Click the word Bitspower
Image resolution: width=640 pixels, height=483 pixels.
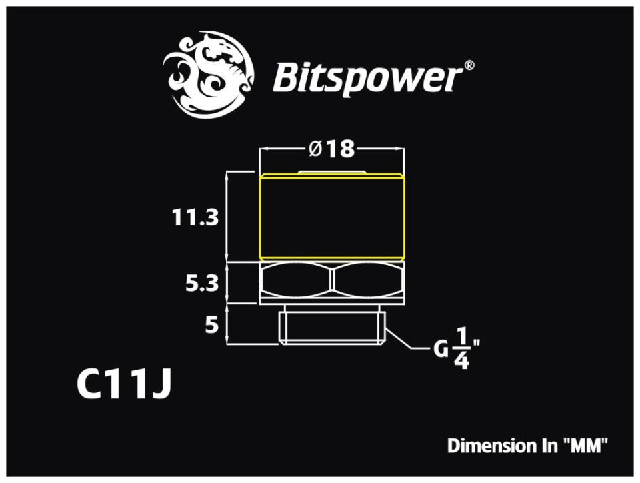(367, 77)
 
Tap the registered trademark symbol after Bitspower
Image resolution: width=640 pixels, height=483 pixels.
(469, 65)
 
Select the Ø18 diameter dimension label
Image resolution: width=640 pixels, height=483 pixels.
(331, 149)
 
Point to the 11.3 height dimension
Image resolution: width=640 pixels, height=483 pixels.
(194, 217)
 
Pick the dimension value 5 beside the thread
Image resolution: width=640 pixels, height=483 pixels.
(211, 326)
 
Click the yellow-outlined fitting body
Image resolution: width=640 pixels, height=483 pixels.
(331, 217)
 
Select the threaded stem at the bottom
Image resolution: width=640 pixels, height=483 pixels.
(331, 327)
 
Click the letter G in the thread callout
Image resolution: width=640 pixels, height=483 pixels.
(441, 348)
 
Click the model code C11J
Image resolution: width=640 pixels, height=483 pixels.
(124, 384)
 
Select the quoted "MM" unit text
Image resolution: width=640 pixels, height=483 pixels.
(585, 445)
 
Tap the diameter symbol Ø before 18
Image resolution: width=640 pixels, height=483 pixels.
(316, 149)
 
